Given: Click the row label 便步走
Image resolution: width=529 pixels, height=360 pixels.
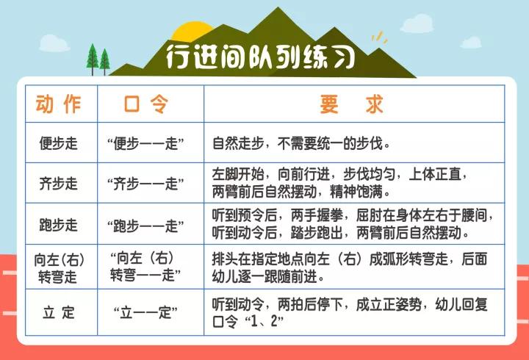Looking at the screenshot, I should click(x=58, y=143).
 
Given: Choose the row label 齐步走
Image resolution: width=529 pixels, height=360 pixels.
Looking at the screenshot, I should click(x=58, y=184).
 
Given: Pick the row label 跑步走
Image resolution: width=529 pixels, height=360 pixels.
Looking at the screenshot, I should click(x=58, y=225).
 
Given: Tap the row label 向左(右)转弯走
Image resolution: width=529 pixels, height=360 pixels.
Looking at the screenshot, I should click(x=58, y=267).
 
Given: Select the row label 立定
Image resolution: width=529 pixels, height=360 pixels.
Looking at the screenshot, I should click(x=58, y=312).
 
